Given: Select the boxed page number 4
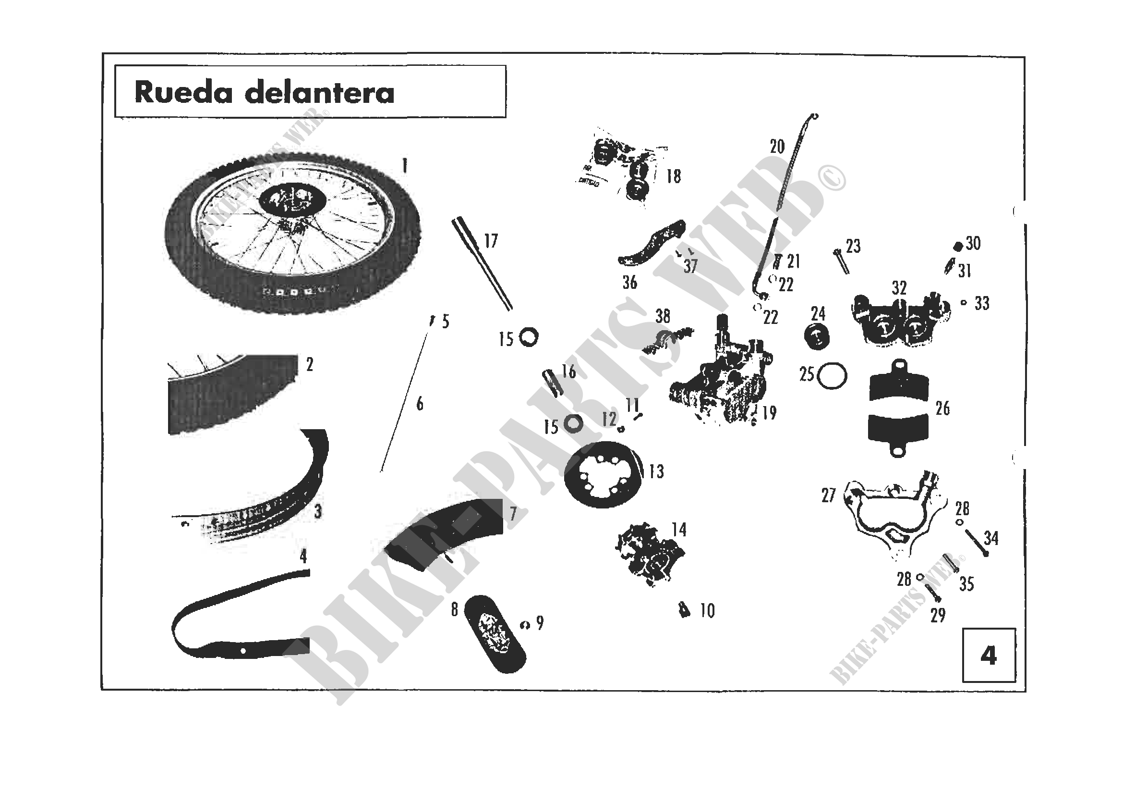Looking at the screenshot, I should pos(989,656).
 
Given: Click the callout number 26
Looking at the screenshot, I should pos(942,408).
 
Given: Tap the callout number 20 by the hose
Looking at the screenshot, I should pos(777,147).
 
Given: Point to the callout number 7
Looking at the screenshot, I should pos(513,513).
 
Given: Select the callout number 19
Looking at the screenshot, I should pos(769,413).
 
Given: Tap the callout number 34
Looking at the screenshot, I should pos(991,538).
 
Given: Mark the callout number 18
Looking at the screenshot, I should pos(674,176).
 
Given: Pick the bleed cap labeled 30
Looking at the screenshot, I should pos(958,246).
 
